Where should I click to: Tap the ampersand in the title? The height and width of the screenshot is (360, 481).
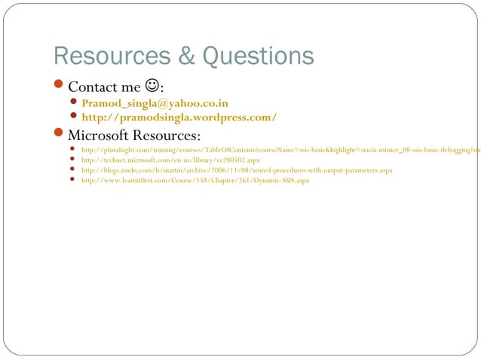[179, 56]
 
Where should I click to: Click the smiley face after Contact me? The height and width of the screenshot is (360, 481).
[152, 87]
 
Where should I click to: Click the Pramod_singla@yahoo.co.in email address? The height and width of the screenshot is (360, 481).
[155, 103]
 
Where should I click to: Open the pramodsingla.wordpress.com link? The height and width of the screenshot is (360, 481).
[179, 117]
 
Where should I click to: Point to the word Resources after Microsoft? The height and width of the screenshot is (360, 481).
[170, 136]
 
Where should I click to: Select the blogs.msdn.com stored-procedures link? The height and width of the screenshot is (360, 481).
[237, 171]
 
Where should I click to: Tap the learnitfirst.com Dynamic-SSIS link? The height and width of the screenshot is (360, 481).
[195, 181]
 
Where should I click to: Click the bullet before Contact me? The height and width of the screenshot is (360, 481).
[60, 87]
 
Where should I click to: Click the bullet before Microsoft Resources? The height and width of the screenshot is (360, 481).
[60, 135]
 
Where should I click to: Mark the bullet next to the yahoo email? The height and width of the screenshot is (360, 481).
[73, 103]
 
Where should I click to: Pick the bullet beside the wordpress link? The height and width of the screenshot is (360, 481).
[73, 117]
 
